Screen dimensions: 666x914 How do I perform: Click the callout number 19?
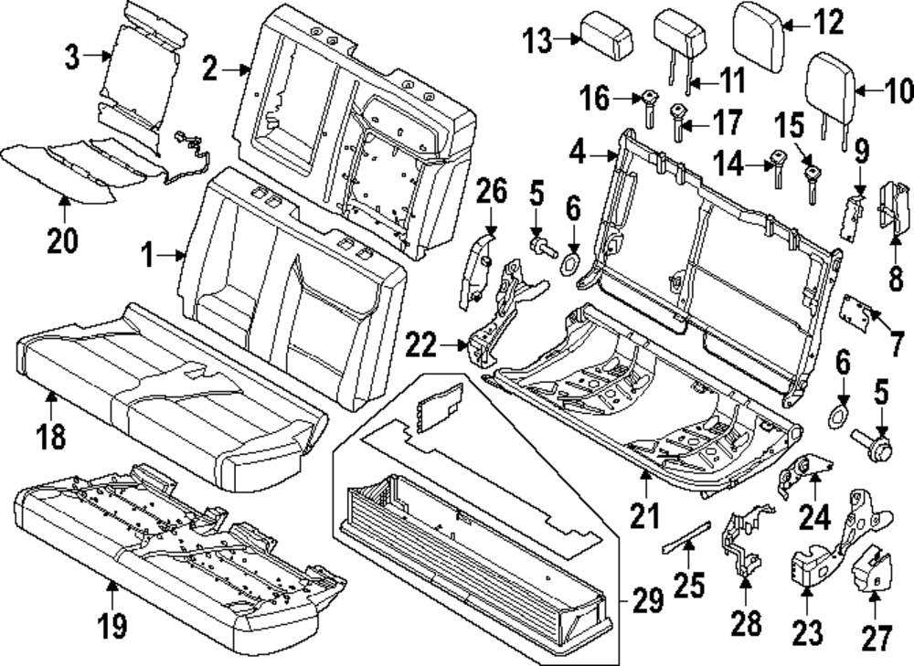tap(112, 626)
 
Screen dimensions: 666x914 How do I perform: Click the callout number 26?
tap(491, 195)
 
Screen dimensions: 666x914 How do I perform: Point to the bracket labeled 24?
tap(797, 475)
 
